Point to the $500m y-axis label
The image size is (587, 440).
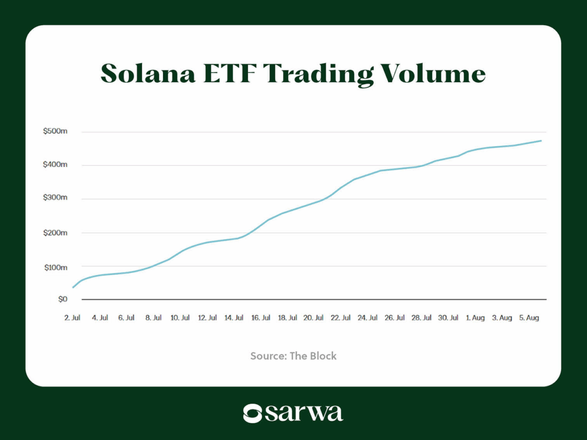click(55, 132)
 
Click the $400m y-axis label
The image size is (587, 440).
click(55, 165)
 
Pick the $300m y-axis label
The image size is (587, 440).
click(55, 198)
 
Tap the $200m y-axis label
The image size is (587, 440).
click(55, 233)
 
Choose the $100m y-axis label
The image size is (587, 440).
click(55, 267)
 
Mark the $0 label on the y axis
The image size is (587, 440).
click(61, 299)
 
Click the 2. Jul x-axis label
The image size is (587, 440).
click(72, 318)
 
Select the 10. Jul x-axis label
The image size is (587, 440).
click(180, 318)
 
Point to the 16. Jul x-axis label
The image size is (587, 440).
click(261, 318)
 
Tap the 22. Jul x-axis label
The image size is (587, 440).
click(342, 318)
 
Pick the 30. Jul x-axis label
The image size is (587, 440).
click(449, 318)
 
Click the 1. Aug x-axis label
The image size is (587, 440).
click(476, 318)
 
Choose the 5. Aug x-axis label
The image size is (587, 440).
click(529, 318)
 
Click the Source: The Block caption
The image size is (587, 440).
click(293, 356)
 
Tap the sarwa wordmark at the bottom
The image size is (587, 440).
click(304, 413)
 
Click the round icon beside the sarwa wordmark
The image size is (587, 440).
click(252, 413)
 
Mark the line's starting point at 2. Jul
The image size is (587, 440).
click(73, 287)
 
